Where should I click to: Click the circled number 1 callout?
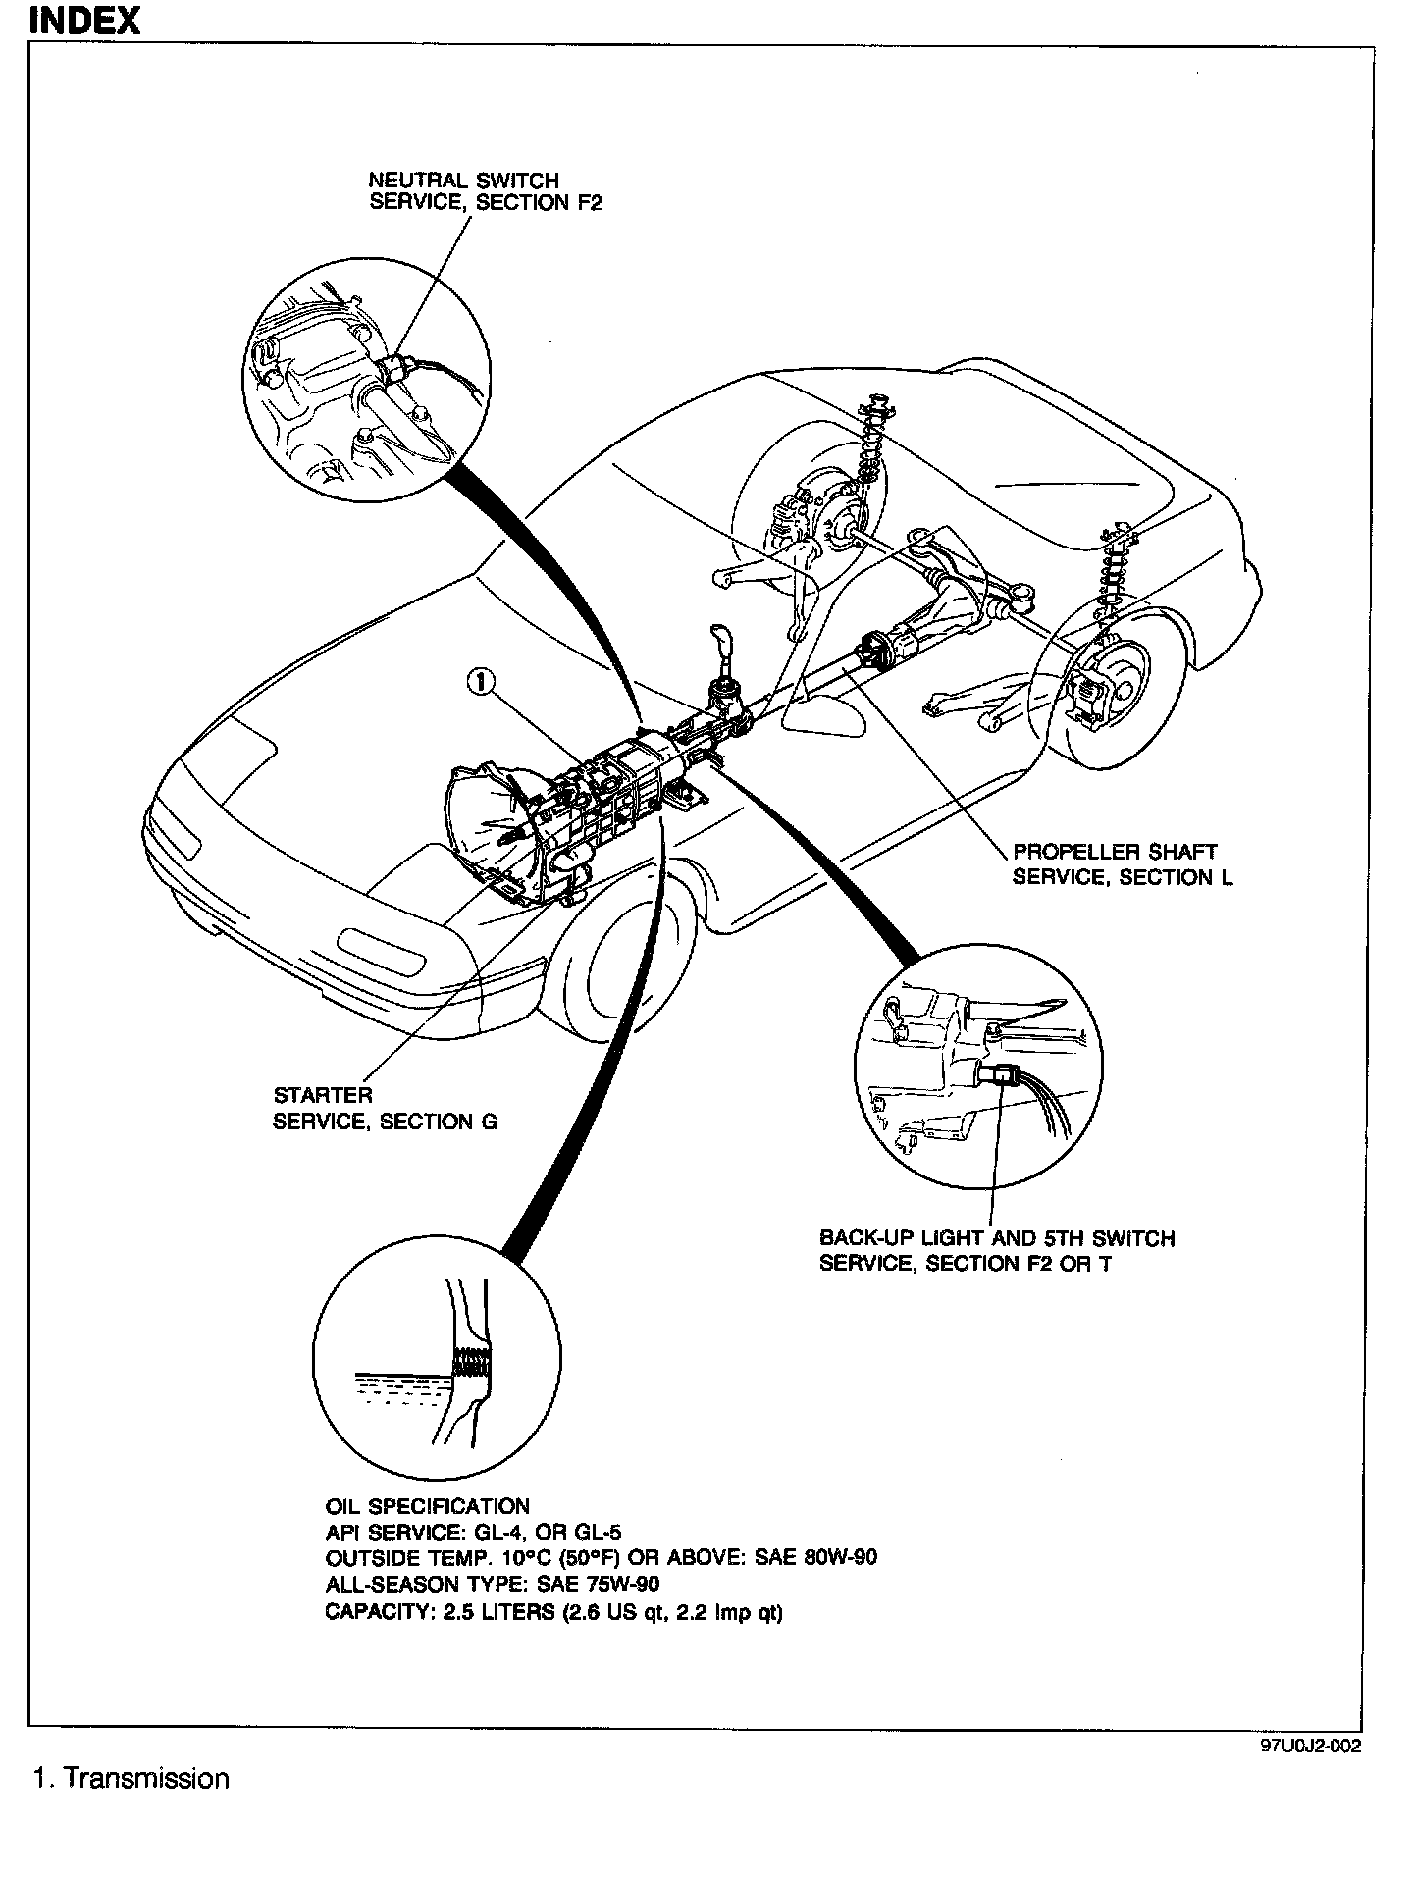pyautogui.click(x=481, y=681)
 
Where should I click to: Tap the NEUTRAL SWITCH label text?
pyautogui.click(x=463, y=181)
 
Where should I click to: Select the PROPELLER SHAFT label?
pyautogui.click(x=1114, y=852)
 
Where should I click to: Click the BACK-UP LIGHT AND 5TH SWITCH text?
pyautogui.click(x=997, y=1238)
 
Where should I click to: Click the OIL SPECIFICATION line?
pyautogui.click(x=427, y=1506)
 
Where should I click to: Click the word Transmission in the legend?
pyautogui.click(x=146, y=1779)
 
